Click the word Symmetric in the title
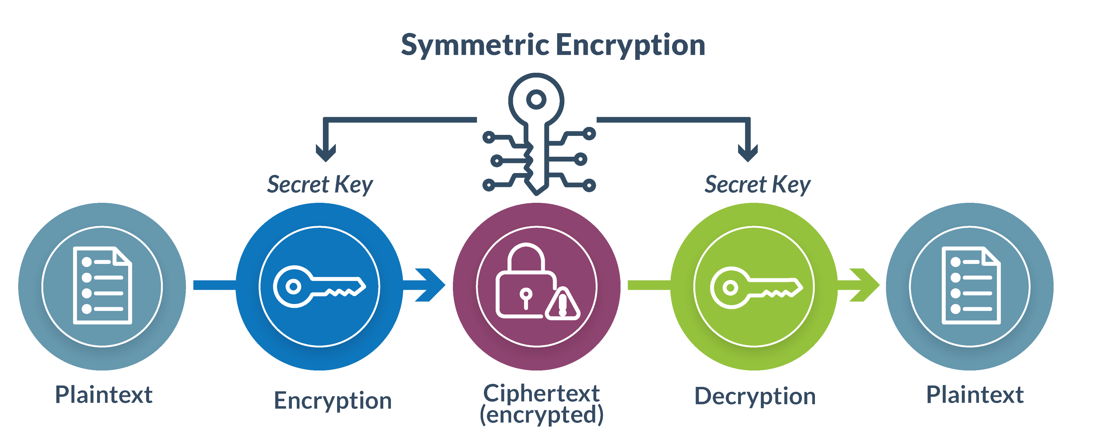pos(475,45)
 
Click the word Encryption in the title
pos(630,45)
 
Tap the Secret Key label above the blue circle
pos(320,184)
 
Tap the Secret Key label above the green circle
pos(757,184)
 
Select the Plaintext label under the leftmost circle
pos(104,395)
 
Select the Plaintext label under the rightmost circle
pos(975,395)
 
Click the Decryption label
pos(755,396)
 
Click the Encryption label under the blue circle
pos(333,400)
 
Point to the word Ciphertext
pos(541,393)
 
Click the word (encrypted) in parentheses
pos(541,415)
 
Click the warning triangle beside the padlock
pos(562,305)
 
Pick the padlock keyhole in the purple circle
pos(526,297)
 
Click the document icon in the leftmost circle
pos(102,285)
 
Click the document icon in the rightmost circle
pos(971,285)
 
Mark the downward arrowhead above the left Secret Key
pos(326,153)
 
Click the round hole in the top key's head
pos(536,99)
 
